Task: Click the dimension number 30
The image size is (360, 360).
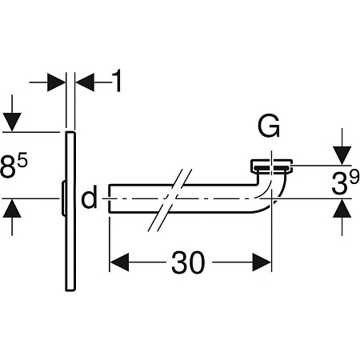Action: pyautogui.click(x=188, y=262)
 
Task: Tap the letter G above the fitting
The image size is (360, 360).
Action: pyautogui.click(x=269, y=126)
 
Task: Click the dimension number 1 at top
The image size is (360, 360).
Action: pyautogui.click(x=117, y=81)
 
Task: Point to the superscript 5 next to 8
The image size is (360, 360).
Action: pyautogui.click(x=23, y=161)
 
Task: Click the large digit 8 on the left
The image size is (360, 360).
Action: pyautogui.click(x=8, y=167)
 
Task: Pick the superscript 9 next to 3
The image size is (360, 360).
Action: pyautogui.click(x=354, y=178)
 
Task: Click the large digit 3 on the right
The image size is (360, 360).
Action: pyautogui.click(x=339, y=183)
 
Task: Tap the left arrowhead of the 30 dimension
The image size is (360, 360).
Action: pyautogui.click(x=119, y=262)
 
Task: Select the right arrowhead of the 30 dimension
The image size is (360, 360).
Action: pyautogui.click(x=262, y=262)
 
